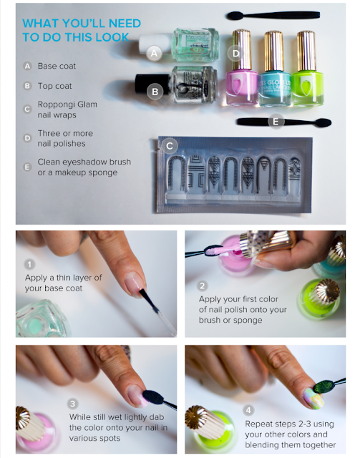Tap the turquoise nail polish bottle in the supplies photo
tap(274, 69)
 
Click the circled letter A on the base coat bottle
tap(154, 53)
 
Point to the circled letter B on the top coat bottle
tap(155, 92)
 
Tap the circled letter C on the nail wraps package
tap(170, 146)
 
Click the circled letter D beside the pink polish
tap(235, 54)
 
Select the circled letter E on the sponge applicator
tap(276, 122)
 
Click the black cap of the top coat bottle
tap(152, 84)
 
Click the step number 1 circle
tap(29, 264)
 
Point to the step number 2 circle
tap(203, 286)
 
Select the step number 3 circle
tap(72, 404)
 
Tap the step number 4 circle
tap(248, 410)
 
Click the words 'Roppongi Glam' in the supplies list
tap(67, 104)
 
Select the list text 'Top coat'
tap(54, 86)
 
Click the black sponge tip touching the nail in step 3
tap(154, 397)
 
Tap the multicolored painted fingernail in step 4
tap(313, 398)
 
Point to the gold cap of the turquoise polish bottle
tap(274, 51)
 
